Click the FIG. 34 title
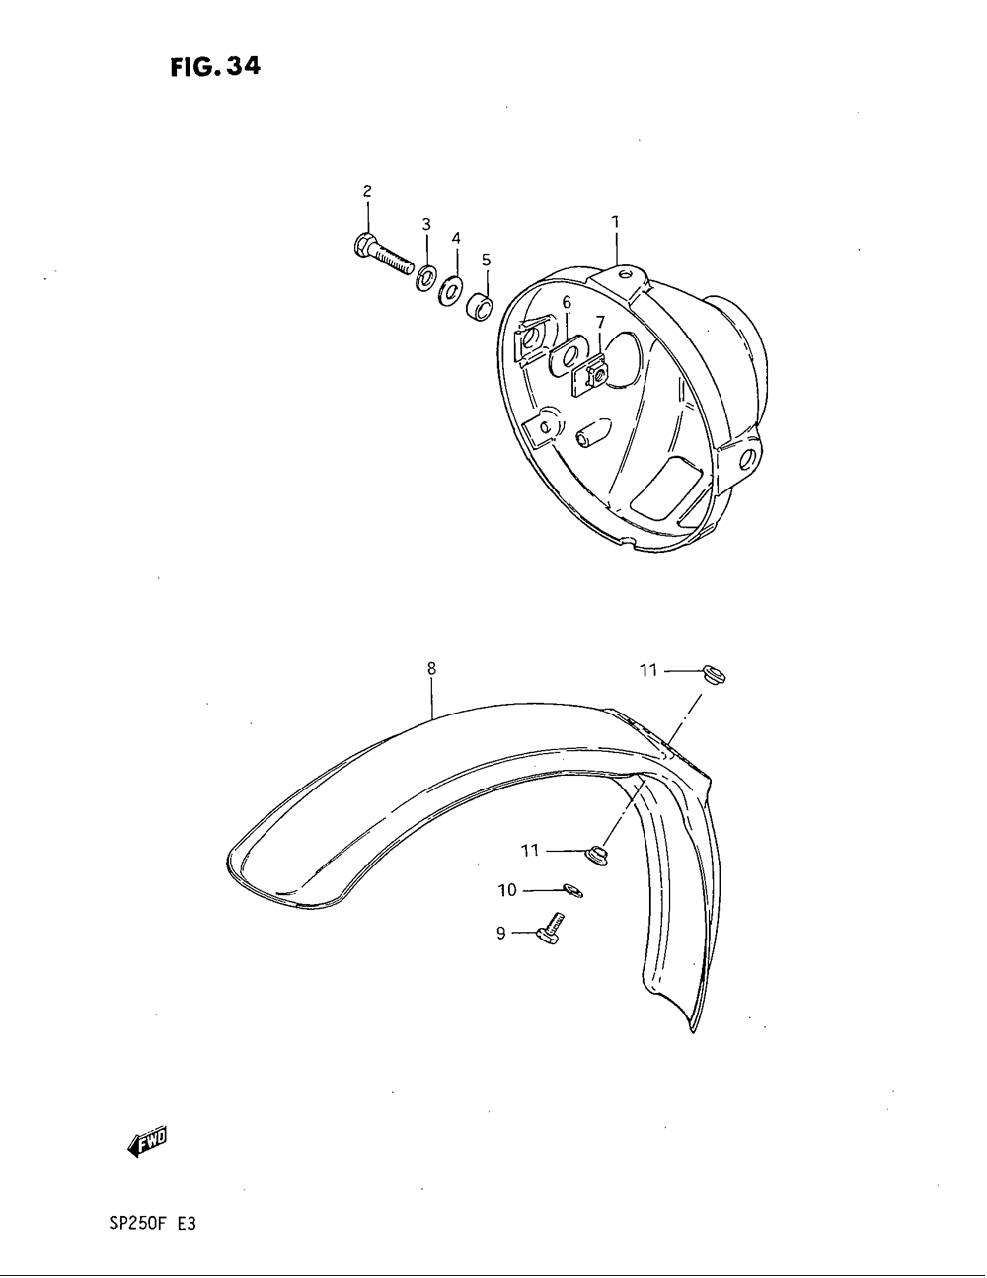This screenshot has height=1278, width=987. point(214,67)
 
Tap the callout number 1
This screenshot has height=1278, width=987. point(615,223)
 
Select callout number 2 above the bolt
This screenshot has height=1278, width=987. point(367,190)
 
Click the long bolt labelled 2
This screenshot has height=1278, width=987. point(380,253)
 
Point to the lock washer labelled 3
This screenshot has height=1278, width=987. point(427,277)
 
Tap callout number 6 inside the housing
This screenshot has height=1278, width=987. point(568,302)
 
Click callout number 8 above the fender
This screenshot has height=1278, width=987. point(431,669)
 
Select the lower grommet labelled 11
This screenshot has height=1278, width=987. point(595,852)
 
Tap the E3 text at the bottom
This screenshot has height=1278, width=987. point(187,1225)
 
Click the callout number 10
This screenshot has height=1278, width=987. point(507,891)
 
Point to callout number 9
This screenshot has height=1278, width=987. point(500,933)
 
